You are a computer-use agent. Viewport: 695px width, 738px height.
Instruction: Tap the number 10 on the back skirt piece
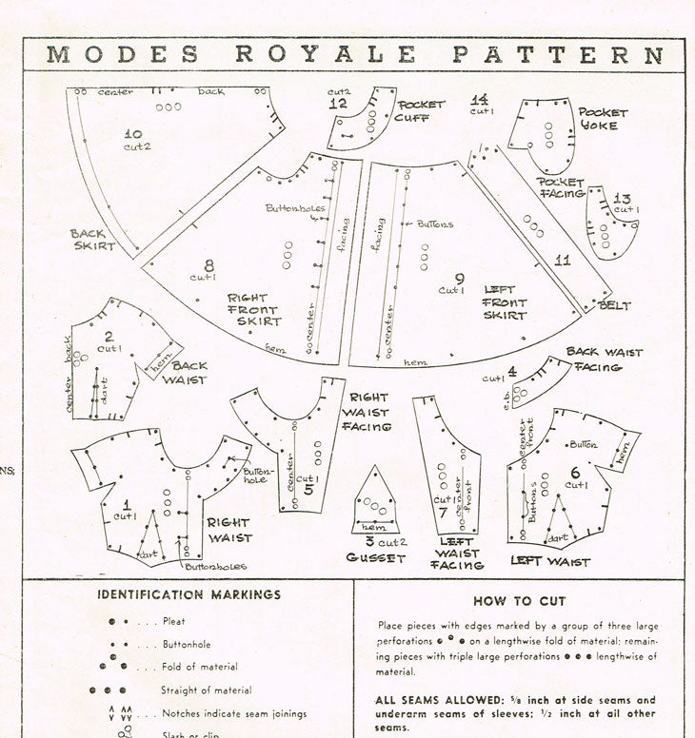pyautogui.click(x=133, y=135)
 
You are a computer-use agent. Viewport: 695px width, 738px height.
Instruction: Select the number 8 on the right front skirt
pyautogui.click(x=208, y=266)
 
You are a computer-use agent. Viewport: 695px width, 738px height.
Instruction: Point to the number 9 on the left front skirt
pyautogui.click(x=460, y=279)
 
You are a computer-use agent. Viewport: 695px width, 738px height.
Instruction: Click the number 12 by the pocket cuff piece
pyautogui.click(x=339, y=103)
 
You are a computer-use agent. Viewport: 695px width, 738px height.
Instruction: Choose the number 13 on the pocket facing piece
pyautogui.click(x=623, y=199)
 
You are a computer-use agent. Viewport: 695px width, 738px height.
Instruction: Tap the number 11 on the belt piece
pyautogui.click(x=563, y=259)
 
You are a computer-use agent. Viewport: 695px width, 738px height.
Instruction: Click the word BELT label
pyautogui.click(x=615, y=305)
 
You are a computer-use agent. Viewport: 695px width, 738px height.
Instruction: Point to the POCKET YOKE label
pyautogui.click(x=598, y=119)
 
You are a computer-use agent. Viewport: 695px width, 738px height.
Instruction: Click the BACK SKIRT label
pyautogui.click(x=92, y=240)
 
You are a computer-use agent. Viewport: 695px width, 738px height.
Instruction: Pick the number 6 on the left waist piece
pyautogui.click(x=575, y=472)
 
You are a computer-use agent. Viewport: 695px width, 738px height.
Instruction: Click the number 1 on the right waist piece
pyautogui.click(x=126, y=501)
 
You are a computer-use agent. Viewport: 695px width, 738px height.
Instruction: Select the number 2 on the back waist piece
pyautogui.click(x=109, y=336)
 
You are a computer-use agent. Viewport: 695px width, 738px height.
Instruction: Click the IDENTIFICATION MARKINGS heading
pyautogui.click(x=189, y=594)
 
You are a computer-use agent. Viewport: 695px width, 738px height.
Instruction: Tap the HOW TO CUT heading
pyautogui.click(x=520, y=601)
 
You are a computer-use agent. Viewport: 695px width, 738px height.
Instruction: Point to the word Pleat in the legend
pyautogui.click(x=174, y=621)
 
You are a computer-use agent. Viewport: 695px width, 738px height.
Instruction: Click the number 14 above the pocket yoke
pyautogui.click(x=480, y=99)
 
